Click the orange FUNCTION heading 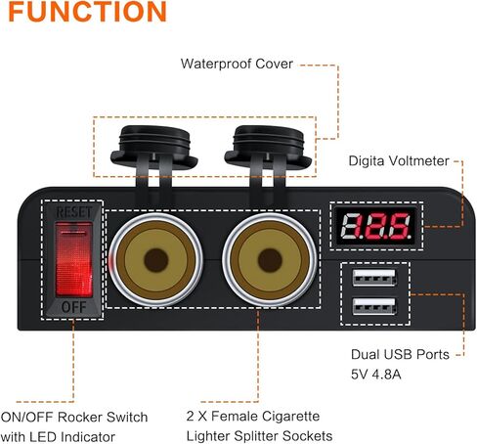(87, 12)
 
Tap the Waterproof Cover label (237, 64)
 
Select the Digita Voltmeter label (399, 160)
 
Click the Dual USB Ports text (400, 354)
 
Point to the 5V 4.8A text (375, 375)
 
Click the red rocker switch (74, 259)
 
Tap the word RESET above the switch (74, 212)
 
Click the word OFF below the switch (74, 307)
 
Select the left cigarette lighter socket (156, 260)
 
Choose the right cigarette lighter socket (270, 260)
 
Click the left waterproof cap (154, 147)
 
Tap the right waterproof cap (268, 147)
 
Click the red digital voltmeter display (376, 226)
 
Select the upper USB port (374, 278)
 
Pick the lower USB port (374, 306)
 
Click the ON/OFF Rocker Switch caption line (74, 417)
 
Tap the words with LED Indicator (58, 437)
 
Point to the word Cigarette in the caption (290, 417)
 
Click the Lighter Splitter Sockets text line (259, 436)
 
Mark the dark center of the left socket (156, 260)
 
